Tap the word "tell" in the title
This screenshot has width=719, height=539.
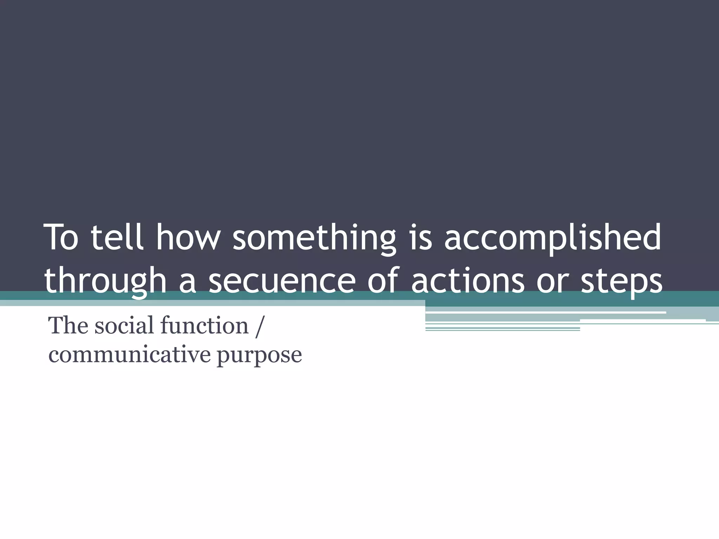117,238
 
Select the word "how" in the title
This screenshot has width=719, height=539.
188,238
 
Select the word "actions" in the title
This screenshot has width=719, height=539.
468,281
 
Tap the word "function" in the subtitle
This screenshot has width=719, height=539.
204,325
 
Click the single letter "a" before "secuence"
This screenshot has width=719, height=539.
187,284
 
